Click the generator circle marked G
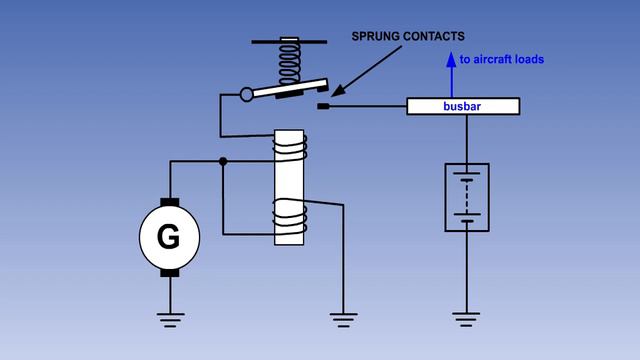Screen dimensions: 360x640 (x=169, y=237)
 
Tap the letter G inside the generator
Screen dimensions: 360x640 (x=169, y=237)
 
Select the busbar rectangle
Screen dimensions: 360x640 (x=462, y=106)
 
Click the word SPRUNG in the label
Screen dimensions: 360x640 (x=379, y=37)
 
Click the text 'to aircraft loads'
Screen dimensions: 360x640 (x=501, y=59)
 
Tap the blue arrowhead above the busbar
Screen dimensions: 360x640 (x=451, y=58)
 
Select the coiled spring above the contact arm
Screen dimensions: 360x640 (x=289, y=64)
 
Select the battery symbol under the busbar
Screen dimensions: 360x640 (x=466, y=197)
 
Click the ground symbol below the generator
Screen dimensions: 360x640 (x=169, y=319)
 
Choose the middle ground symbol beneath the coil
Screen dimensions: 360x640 (x=343, y=319)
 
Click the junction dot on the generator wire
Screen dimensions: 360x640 (x=223, y=160)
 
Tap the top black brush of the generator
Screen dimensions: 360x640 (x=169, y=202)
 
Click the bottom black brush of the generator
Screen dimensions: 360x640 (x=169, y=272)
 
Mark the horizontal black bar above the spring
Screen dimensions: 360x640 (x=289, y=42)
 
